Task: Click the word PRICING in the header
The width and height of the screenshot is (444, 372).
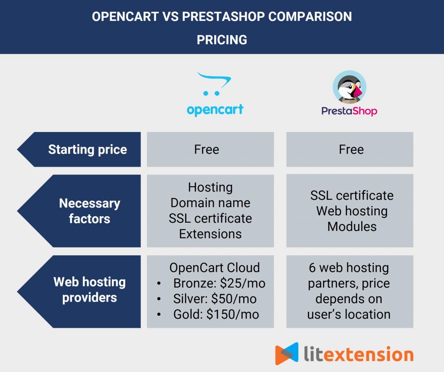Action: [x=222, y=40]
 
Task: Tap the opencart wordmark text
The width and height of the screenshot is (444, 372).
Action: [x=215, y=109]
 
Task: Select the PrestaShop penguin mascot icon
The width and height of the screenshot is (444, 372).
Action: [x=349, y=87]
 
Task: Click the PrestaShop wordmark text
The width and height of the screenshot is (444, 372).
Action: [x=349, y=111]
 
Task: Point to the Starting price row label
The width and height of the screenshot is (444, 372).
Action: [x=88, y=149]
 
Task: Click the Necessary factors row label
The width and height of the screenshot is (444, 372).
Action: [x=89, y=211]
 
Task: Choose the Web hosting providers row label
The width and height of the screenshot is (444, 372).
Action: [x=89, y=290]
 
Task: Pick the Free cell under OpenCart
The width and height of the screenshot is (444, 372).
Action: [x=206, y=150]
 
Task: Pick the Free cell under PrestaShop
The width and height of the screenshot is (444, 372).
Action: [x=351, y=150]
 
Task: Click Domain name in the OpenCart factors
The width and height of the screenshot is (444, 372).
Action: [x=210, y=203]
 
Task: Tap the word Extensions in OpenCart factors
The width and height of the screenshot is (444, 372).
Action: [x=210, y=234]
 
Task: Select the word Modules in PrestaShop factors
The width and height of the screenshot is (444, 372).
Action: [x=352, y=226]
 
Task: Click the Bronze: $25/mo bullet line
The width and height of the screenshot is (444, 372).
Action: [x=219, y=283]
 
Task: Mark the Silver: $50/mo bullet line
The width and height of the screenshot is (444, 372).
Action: [x=215, y=299]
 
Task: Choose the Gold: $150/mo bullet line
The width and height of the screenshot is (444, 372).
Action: [x=216, y=314]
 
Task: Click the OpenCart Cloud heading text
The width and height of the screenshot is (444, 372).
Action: [x=215, y=268]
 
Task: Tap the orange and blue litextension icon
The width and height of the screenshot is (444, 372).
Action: [x=287, y=353]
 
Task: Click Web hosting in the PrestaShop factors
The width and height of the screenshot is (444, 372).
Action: [x=352, y=211]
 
